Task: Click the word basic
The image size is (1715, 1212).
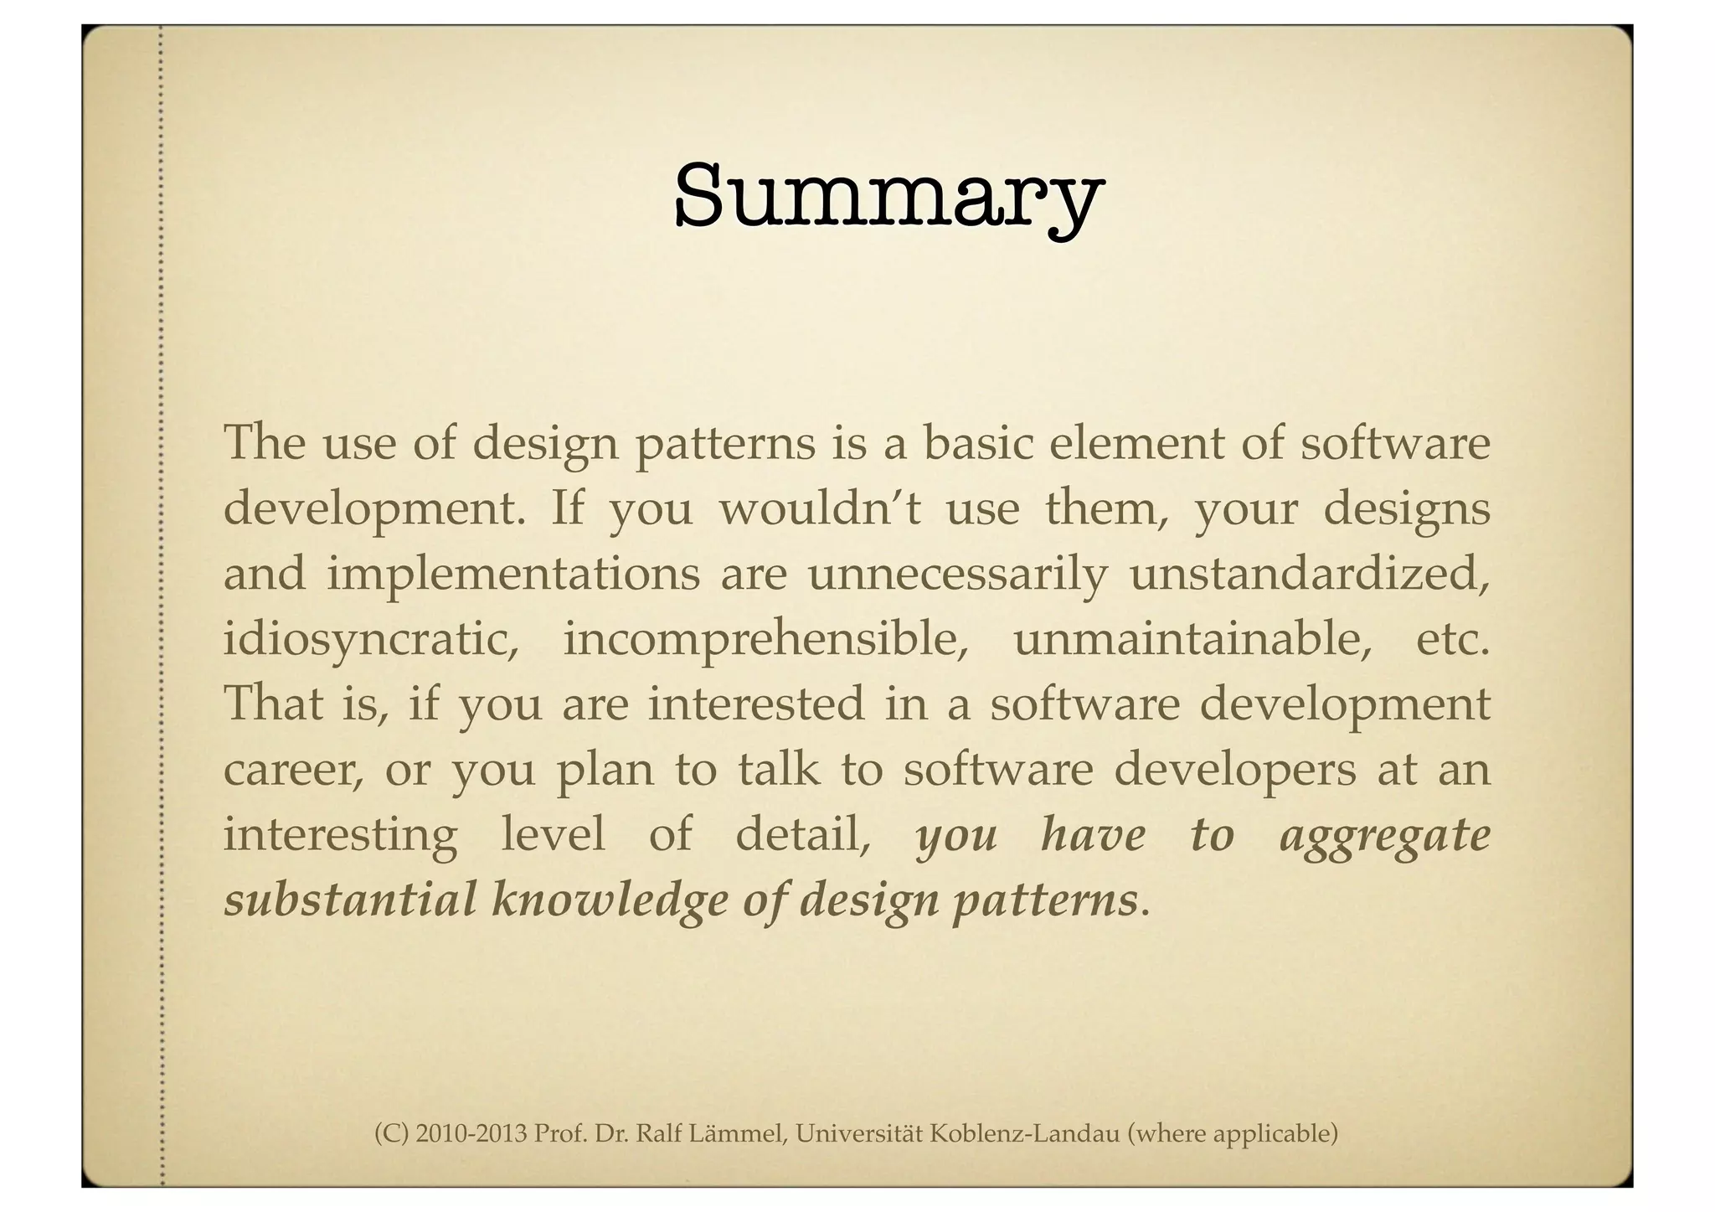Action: [x=976, y=443]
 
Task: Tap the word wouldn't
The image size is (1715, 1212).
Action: [x=820, y=508]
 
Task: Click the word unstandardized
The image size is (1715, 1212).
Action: [x=1310, y=574]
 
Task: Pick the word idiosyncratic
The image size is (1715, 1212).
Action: [x=371, y=641]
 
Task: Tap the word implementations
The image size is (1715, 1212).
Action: [x=513, y=575]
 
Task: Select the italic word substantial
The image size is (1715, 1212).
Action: [x=349, y=900]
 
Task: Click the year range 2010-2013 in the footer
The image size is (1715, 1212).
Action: [x=471, y=1134]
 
